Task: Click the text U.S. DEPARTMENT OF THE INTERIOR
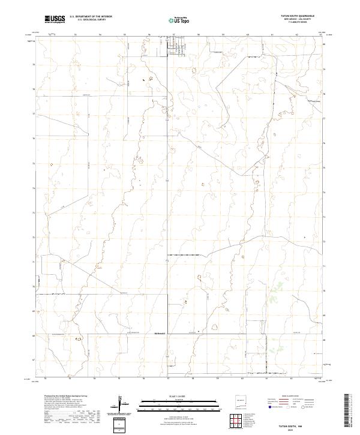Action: pos(91,17)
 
